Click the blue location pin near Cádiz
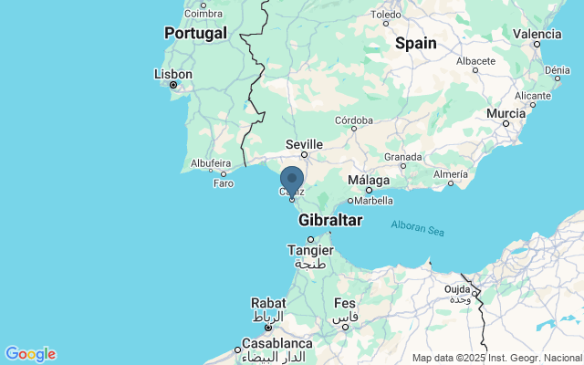point(292,181)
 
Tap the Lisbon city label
point(172,74)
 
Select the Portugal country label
point(195,33)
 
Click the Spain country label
point(415,43)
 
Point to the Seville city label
point(304,144)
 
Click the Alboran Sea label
point(418,227)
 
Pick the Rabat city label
point(267,305)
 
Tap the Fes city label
point(345,303)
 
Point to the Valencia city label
point(537,33)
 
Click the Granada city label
point(401,156)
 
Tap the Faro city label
point(224,182)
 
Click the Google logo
point(30,354)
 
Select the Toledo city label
point(387,15)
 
